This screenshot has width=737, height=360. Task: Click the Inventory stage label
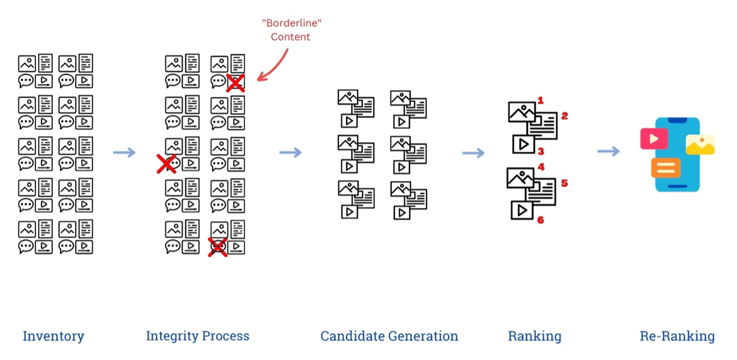53,336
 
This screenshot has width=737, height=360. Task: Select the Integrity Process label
198,336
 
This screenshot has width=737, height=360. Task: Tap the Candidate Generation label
389,336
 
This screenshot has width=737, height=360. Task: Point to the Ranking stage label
534,336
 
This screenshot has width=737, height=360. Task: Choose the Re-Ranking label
677,336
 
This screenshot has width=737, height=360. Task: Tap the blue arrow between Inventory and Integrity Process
124,153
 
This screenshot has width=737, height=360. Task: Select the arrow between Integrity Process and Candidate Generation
290,153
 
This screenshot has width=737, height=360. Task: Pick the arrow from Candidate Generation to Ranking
473,153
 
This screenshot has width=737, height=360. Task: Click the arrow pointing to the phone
608,151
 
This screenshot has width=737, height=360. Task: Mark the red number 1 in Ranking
541,101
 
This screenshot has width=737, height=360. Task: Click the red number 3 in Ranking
541,152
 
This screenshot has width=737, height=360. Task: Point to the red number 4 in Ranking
541,167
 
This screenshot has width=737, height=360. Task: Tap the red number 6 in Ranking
541,220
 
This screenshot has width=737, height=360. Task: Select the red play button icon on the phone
654,139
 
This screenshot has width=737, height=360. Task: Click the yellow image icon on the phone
700,145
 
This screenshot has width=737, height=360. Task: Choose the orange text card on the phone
666,167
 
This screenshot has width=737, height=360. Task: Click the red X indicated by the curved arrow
235,83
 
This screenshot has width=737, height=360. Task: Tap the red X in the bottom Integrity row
218,247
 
